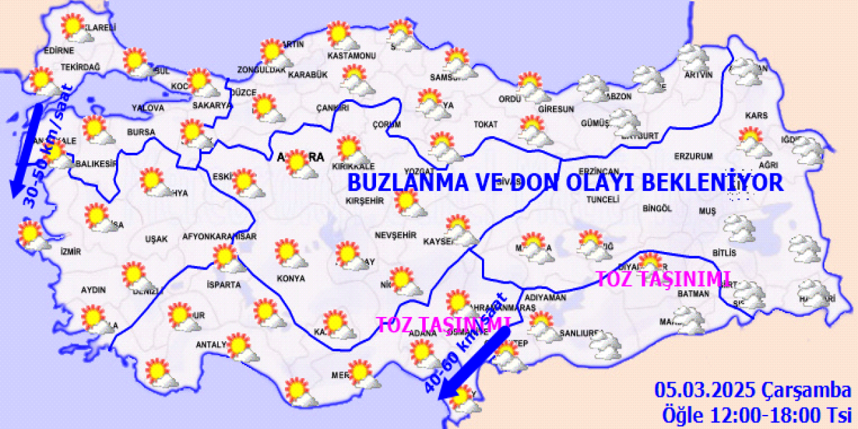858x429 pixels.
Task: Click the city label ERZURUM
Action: coord(693,157)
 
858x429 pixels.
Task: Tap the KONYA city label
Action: coord(290,278)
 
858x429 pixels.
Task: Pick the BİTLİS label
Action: coord(725,253)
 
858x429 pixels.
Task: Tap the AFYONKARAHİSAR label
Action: coord(220,237)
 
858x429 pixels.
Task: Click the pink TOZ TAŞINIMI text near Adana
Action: coord(443,325)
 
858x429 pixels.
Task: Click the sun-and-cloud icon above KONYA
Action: coord(290,254)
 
